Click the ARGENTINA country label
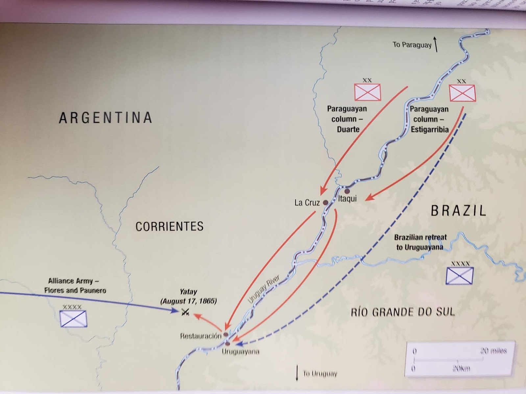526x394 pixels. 105,118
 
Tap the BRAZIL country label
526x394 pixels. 458,210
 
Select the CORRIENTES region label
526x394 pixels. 169,227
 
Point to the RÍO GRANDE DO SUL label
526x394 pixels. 403,312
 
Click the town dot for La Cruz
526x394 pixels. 325,203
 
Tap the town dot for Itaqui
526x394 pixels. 347,191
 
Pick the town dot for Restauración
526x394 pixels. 226,335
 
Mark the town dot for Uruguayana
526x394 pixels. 227,344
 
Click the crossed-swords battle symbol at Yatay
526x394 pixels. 185,312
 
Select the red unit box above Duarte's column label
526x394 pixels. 367,92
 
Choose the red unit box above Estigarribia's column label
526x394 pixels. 462,93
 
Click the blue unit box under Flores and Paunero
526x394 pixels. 73,319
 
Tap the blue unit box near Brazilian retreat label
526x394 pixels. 459,276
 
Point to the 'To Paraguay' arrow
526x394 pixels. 436,45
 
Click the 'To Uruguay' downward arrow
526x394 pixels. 297,373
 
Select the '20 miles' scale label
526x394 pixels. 493,351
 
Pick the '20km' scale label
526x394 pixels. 461,368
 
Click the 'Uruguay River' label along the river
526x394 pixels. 264,289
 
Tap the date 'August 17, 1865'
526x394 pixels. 188,301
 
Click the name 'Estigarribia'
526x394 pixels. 429,129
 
